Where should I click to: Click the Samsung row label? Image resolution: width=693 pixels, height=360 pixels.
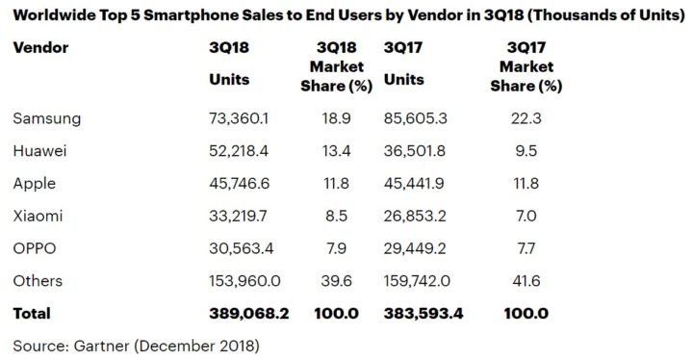(x=47, y=118)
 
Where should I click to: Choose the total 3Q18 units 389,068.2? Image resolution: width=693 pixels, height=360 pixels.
(x=248, y=314)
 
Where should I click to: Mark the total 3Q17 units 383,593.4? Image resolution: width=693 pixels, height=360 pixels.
(x=423, y=314)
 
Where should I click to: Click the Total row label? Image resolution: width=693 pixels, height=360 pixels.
(x=31, y=314)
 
